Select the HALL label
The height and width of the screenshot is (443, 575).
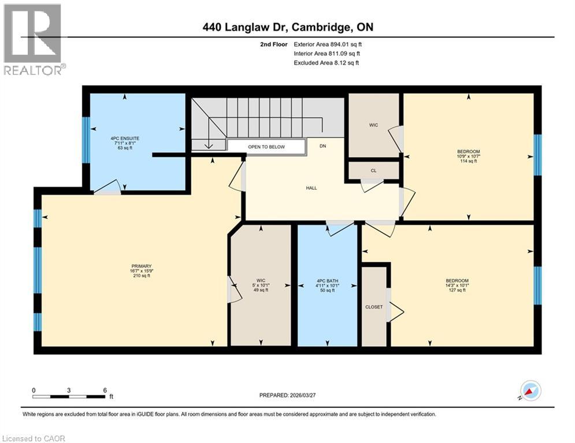point(311,187)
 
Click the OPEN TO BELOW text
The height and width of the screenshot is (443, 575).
point(266,147)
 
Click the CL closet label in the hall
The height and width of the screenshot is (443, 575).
point(374,170)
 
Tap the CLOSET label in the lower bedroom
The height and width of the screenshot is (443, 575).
point(374,307)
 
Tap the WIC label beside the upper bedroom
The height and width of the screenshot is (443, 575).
point(373,124)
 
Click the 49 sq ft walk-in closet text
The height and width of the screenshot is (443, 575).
point(261,290)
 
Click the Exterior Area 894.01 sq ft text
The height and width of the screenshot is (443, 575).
point(328,44)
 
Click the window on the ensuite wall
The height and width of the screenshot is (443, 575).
point(86,133)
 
